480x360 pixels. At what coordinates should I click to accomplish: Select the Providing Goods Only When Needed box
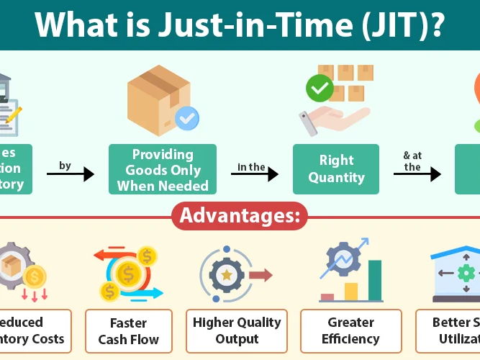point(163,170)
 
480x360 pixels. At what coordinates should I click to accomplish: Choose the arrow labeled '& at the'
point(417,174)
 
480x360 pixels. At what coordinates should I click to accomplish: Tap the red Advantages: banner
point(240,215)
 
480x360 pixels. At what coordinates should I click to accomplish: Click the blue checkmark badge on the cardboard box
point(188,118)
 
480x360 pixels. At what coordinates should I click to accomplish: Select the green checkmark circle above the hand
point(319,89)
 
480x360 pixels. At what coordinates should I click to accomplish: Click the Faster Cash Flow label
point(129,331)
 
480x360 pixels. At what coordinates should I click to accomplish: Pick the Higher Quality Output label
point(236,331)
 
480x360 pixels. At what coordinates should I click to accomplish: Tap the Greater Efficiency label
point(350,331)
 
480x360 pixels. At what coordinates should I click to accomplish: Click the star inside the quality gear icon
point(227,275)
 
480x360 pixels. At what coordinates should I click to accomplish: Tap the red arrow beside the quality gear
point(260,275)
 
